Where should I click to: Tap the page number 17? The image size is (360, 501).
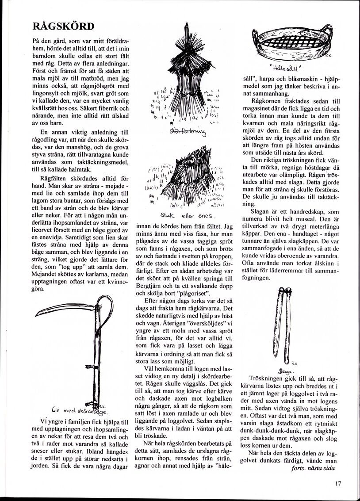pyautogui.click(x=338, y=483)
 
